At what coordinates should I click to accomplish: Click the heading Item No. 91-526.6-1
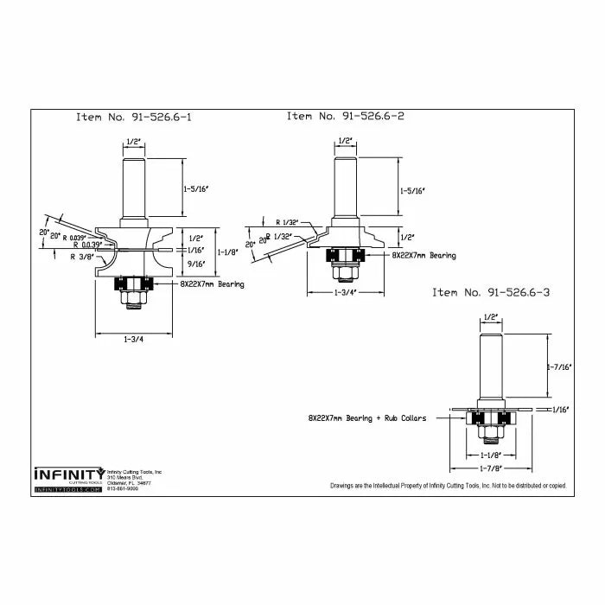click(133, 118)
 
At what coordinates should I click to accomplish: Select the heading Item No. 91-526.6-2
click(346, 116)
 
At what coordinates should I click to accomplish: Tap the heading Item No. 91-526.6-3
click(491, 292)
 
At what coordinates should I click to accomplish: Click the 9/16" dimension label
click(196, 265)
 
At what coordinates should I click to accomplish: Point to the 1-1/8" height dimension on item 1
click(229, 252)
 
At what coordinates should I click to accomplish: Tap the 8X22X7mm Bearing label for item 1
click(212, 283)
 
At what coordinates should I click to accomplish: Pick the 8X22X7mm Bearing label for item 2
click(423, 256)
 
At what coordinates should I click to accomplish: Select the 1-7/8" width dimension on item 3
click(491, 468)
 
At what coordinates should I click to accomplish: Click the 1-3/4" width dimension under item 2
click(345, 293)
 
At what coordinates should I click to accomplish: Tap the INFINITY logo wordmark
click(68, 474)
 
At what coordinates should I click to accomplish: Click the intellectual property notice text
click(448, 486)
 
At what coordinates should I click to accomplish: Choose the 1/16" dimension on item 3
click(561, 410)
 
